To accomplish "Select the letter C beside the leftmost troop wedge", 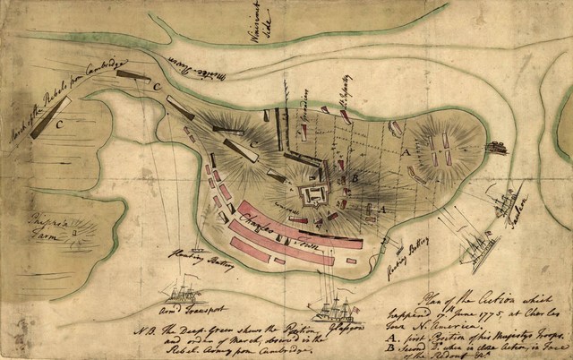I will coord(60,125).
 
